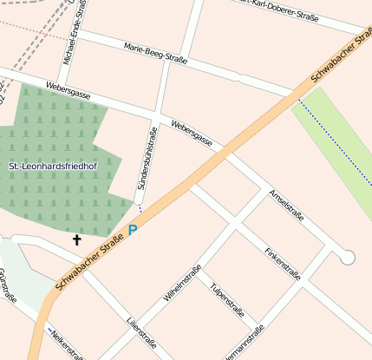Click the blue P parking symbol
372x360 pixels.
point(133,230)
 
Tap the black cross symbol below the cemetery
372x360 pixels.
point(76,239)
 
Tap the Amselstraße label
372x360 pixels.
point(286,205)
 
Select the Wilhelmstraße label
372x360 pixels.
point(182,283)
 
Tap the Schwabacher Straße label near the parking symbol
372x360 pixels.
point(88,265)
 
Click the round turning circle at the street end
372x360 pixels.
point(348,257)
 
